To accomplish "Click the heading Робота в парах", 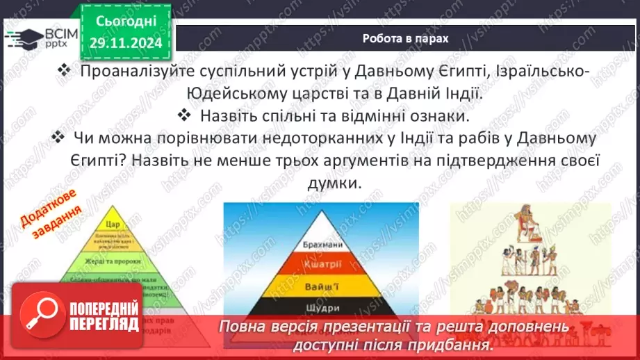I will [x=405, y=38].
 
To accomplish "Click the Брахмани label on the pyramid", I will [x=320, y=245].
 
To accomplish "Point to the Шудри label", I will [x=320, y=307].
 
